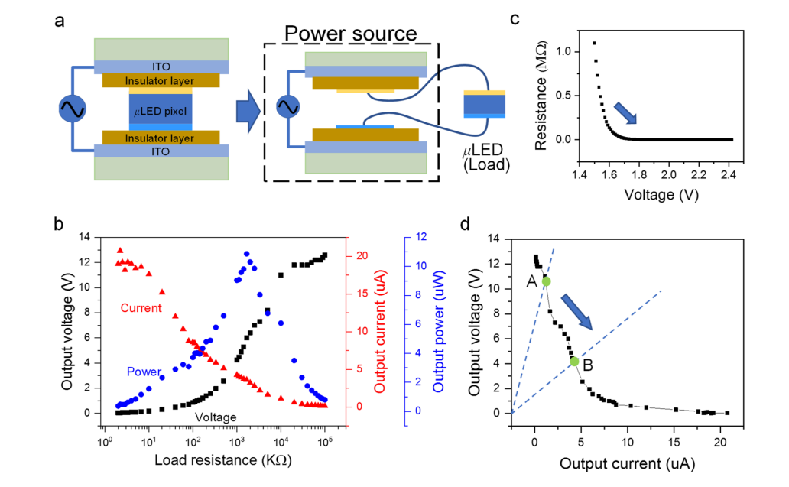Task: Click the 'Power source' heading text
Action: pyautogui.click(x=351, y=33)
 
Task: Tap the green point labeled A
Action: pyautogui.click(x=546, y=281)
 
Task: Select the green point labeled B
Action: pyautogui.click(x=574, y=361)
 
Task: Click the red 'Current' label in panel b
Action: pyautogui.click(x=141, y=308)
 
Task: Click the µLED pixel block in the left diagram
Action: pyautogui.click(x=161, y=112)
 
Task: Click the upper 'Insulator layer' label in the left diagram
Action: pyautogui.click(x=161, y=80)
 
